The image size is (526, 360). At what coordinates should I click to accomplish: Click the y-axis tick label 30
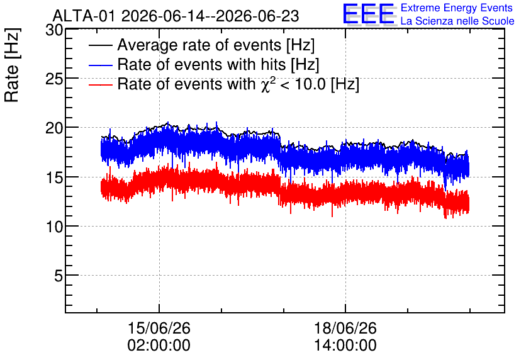coord(54,30)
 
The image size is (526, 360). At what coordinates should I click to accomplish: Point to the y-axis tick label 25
coord(54,79)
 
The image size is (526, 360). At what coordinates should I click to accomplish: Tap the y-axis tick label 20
coord(54,128)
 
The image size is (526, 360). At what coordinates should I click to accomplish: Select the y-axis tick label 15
coord(54,177)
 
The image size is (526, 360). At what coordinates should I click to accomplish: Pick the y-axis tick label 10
coord(54,227)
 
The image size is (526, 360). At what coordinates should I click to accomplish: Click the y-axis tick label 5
coord(59,276)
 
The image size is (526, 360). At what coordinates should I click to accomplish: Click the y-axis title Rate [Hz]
coord(12,65)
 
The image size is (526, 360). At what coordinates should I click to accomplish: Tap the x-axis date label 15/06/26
coord(159,328)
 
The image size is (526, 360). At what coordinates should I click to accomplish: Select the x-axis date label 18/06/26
coord(345,328)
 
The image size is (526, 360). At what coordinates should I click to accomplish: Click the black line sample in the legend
coord(100,45)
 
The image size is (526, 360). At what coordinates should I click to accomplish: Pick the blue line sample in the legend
coord(100,65)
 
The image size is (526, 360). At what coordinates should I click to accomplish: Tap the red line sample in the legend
coord(100,84)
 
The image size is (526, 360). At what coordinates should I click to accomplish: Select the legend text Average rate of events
coord(199,45)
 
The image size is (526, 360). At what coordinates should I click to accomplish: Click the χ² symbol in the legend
coord(269,84)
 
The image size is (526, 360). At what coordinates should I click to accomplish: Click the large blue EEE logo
coord(369,14)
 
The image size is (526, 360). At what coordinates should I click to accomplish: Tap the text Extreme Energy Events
coord(457,8)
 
